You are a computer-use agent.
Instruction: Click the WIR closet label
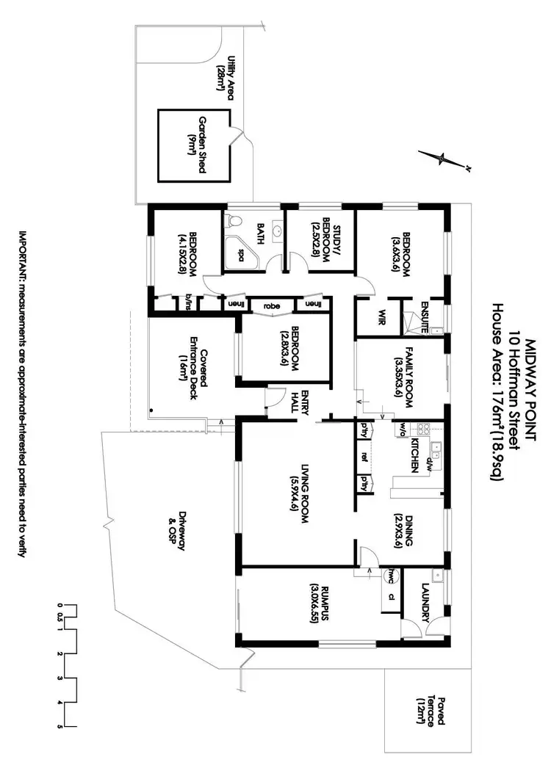pos(381,317)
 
